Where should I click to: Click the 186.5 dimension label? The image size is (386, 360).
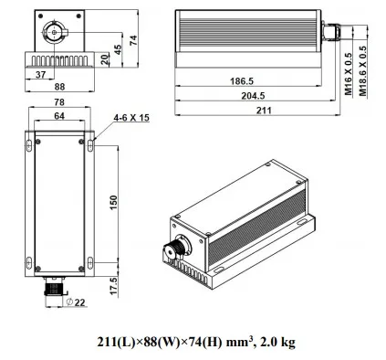point(242,81)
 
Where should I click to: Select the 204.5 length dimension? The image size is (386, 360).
point(253,96)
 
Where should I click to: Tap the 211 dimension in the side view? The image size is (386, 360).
point(264,111)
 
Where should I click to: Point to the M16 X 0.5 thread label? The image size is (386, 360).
point(349,74)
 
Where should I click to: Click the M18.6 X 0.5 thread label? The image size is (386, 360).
point(363,71)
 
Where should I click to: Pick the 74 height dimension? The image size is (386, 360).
point(133,40)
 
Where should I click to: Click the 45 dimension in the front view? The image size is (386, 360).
point(118,49)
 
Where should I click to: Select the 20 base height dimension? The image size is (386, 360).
point(105,59)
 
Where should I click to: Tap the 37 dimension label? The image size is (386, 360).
point(40,74)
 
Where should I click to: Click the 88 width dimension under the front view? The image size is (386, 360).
point(59,87)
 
